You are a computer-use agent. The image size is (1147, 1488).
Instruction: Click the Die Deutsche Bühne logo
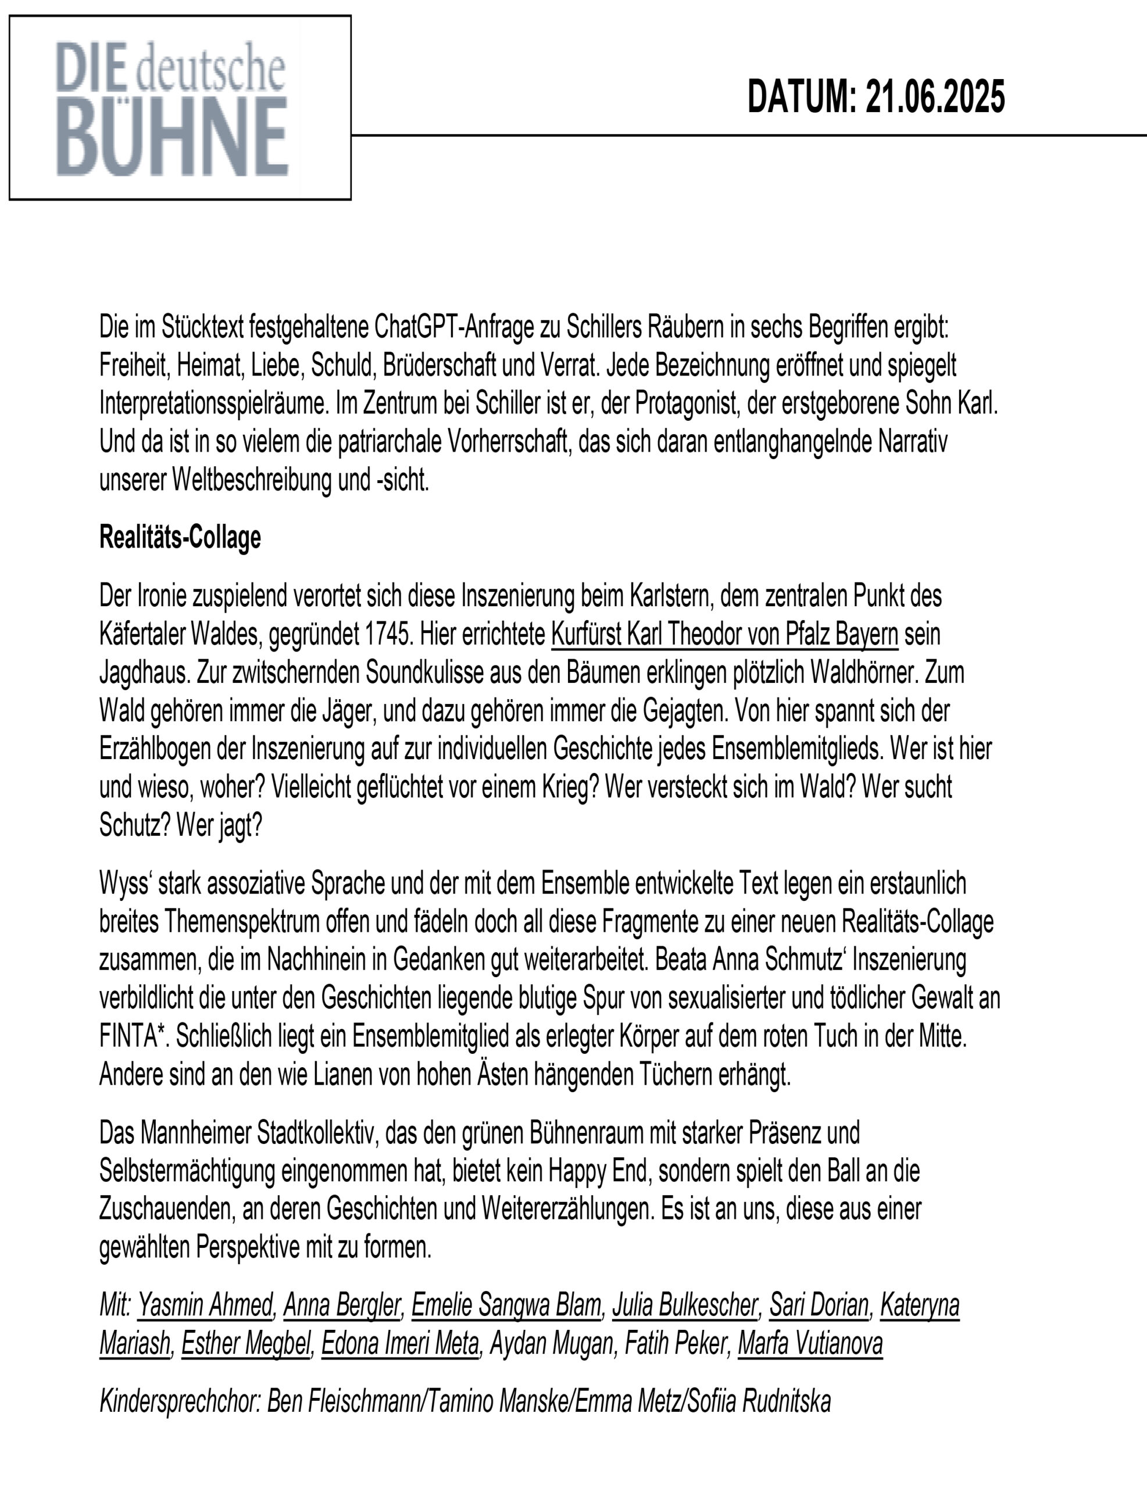click(179, 108)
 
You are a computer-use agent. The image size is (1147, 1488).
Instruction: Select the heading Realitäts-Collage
click(180, 538)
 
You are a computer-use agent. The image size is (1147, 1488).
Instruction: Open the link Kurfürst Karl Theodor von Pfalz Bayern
click(724, 634)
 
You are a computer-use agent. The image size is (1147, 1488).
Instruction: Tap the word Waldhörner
click(858, 673)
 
